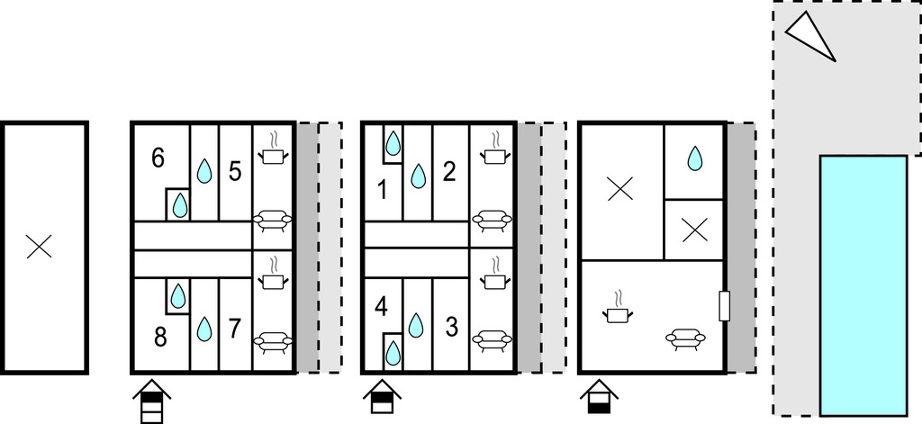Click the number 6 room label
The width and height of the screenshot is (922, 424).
[158, 158]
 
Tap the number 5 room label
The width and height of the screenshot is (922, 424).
[235, 172]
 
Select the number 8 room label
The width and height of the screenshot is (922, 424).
[160, 338]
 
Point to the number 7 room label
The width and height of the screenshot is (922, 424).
[235, 329]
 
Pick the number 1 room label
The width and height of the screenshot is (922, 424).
[383, 191]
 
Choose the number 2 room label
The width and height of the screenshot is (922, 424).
[449, 172]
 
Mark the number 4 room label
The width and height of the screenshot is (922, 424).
[381, 308]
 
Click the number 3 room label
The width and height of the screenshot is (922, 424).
[452, 328]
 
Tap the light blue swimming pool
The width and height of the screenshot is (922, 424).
[863, 285]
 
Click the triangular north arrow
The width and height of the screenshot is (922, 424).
[809, 35]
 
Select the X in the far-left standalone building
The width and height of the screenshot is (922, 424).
[39, 247]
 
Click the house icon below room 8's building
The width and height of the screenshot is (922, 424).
[151, 401]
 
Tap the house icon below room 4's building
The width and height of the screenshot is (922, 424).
[382, 397]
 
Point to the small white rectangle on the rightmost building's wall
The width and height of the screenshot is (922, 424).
[725, 306]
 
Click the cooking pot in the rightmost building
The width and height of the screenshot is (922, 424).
[618, 308]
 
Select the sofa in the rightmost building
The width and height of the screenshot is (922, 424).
[685, 338]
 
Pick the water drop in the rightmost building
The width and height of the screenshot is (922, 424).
[695, 158]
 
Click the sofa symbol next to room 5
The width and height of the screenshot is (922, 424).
[272, 221]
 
